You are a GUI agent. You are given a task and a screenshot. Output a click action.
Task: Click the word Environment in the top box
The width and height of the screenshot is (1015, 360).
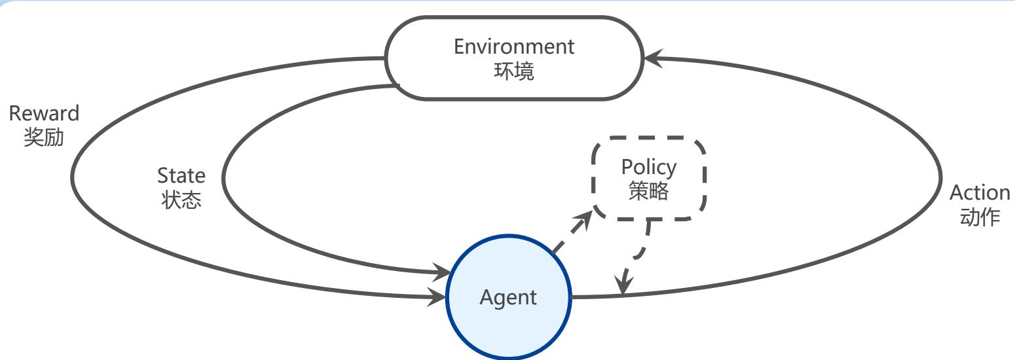pyautogui.click(x=514, y=47)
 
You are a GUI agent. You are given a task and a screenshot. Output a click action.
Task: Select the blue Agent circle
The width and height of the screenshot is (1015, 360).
pyautogui.click(x=509, y=298)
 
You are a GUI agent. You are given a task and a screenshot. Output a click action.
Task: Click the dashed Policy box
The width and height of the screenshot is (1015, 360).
pyautogui.click(x=648, y=178)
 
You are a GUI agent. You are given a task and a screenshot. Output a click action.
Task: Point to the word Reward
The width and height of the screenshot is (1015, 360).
pyautogui.click(x=44, y=113)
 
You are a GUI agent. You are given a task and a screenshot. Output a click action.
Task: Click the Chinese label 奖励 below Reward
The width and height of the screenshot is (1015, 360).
pyautogui.click(x=44, y=138)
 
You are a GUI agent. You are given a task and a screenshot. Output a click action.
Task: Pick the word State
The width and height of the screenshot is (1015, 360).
pyautogui.click(x=181, y=175)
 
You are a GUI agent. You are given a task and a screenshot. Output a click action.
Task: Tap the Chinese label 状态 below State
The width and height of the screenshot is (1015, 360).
pyautogui.click(x=181, y=200)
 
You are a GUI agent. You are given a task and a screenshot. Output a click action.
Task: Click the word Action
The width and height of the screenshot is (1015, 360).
pyautogui.click(x=980, y=193)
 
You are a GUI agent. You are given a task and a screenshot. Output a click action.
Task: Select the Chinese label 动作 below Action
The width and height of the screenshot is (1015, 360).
pyautogui.click(x=980, y=217)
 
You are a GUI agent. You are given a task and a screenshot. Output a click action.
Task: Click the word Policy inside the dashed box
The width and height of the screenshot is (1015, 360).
pyautogui.click(x=648, y=168)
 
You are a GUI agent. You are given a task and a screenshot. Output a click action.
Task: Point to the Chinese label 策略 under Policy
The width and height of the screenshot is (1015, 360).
pyautogui.click(x=648, y=192)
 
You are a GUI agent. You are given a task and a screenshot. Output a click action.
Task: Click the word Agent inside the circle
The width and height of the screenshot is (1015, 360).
pyautogui.click(x=508, y=298)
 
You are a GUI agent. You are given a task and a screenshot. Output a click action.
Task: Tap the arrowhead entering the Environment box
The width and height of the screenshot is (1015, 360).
pyautogui.click(x=651, y=59)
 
